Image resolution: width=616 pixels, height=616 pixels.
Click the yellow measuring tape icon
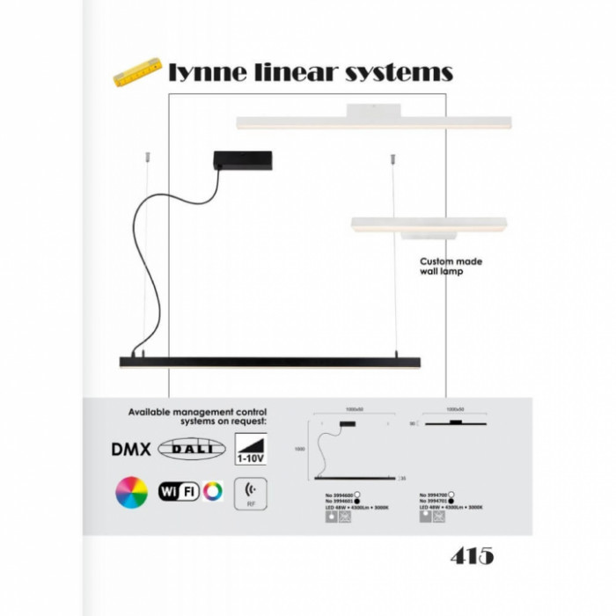pos(137,72)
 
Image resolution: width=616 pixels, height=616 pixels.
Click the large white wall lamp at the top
pos(374,121)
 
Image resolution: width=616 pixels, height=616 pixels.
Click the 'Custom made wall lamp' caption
pos(450,267)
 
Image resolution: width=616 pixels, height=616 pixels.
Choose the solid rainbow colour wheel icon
pos(130,491)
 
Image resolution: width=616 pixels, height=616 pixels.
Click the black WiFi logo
pos(179,491)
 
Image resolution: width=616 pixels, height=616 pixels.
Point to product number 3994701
pos(436,501)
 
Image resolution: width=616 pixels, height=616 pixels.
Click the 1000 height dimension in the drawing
pos(300,449)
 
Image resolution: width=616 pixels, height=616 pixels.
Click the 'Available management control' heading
pos(197,411)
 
